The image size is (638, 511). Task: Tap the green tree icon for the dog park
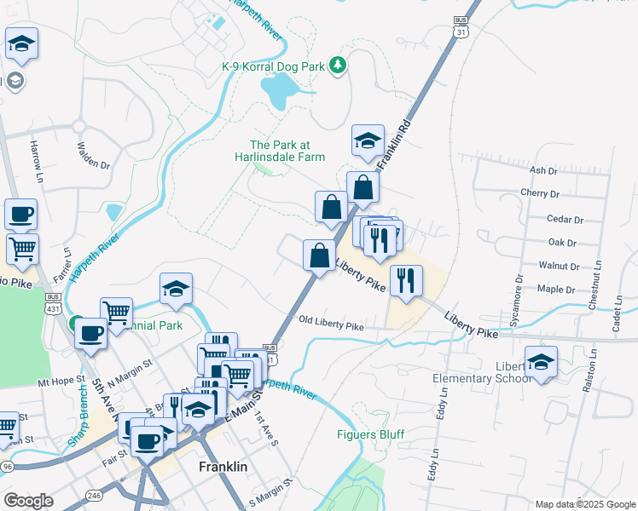(x=338, y=66)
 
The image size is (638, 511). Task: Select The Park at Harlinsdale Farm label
(x=287, y=151)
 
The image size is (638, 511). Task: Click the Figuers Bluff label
(x=370, y=434)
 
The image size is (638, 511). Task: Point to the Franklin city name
(x=223, y=468)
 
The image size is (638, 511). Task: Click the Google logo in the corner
(x=28, y=501)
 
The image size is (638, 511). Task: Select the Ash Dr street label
(x=543, y=170)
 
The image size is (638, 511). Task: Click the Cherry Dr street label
(x=539, y=193)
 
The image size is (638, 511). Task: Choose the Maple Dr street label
(x=560, y=290)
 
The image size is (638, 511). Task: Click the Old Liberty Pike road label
(x=331, y=323)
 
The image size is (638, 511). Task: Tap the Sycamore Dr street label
(x=518, y=301)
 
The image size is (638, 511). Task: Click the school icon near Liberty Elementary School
(x=541, y=362)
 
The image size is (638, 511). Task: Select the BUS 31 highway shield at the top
(x=461, y=26)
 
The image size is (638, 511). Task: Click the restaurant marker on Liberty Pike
(x=406, y=280)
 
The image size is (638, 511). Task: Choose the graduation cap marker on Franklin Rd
(x=368, y=141)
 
